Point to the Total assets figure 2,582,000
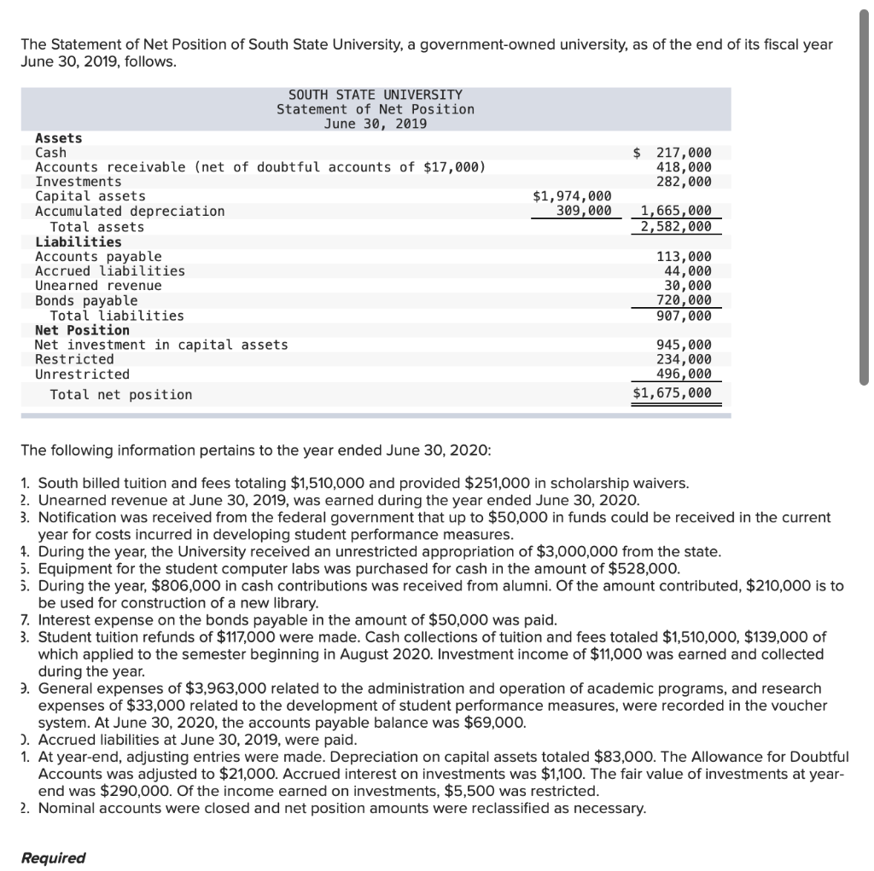tap(676, 226)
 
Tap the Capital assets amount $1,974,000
tap(572, 196)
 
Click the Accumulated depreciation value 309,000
tap(584, 211)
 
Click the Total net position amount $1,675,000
tap(672, 393)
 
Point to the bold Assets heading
tap(58, 138)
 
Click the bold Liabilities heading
tap(78, 241)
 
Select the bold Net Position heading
tap(82, 330)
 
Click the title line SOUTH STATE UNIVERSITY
tap(375, 95)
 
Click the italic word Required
tap(54, 857)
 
